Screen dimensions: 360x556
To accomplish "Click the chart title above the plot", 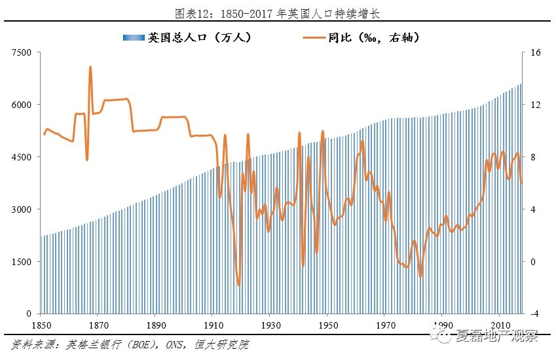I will click(278, 13).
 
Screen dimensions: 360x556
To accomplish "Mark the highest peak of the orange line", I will click(90, 67).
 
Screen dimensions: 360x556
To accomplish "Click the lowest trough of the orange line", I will click(239, 285).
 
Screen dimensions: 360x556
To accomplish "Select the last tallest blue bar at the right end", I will click(521, 196).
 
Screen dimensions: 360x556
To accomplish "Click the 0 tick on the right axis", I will click(532, 262).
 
